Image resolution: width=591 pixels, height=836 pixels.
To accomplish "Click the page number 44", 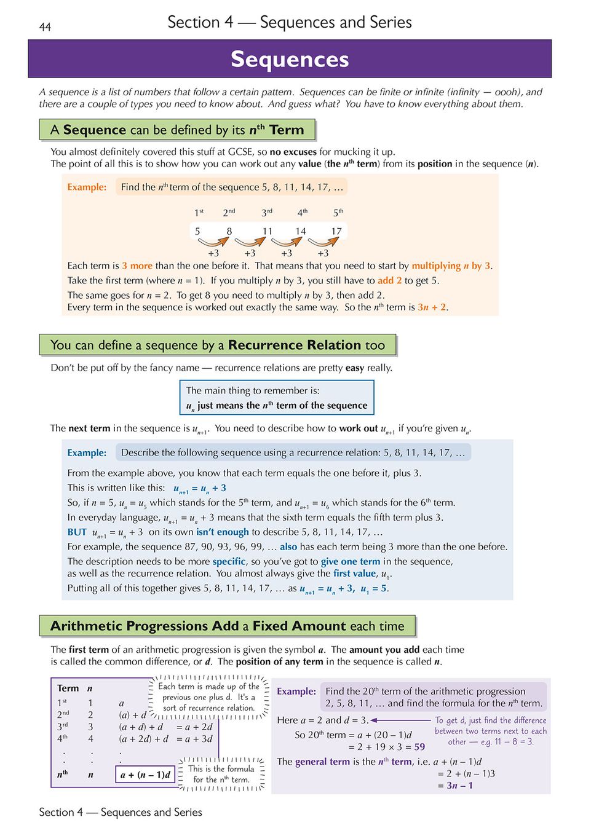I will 45,27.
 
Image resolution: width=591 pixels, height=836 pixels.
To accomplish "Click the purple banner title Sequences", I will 290,59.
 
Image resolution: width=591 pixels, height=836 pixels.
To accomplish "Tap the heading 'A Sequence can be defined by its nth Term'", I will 177,130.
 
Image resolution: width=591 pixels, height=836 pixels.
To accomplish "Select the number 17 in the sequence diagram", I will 336,231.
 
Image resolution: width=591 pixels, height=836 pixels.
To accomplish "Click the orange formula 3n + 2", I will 432,307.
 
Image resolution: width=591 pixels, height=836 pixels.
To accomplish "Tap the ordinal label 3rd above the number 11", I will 267,212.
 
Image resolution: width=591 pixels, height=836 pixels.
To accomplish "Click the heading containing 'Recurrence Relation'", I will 218,345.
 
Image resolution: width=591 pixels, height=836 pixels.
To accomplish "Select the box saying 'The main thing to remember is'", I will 277,397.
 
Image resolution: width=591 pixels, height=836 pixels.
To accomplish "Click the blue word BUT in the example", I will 77,532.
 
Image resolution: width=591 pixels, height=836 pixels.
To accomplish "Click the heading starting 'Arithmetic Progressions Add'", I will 228,626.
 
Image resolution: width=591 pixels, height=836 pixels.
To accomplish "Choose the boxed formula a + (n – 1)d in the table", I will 145,775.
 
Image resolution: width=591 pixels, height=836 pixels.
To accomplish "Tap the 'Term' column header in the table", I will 68,688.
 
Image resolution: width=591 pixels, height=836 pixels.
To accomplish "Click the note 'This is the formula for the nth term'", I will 221,774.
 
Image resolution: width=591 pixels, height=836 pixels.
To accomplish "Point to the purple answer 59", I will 419,747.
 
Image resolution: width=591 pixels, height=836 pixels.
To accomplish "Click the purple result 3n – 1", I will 459,785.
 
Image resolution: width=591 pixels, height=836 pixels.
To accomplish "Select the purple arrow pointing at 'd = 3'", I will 400,720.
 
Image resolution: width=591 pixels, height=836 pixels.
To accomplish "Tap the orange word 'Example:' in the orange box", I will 87,187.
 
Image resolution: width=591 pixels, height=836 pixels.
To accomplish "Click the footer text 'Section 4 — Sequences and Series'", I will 121,812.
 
